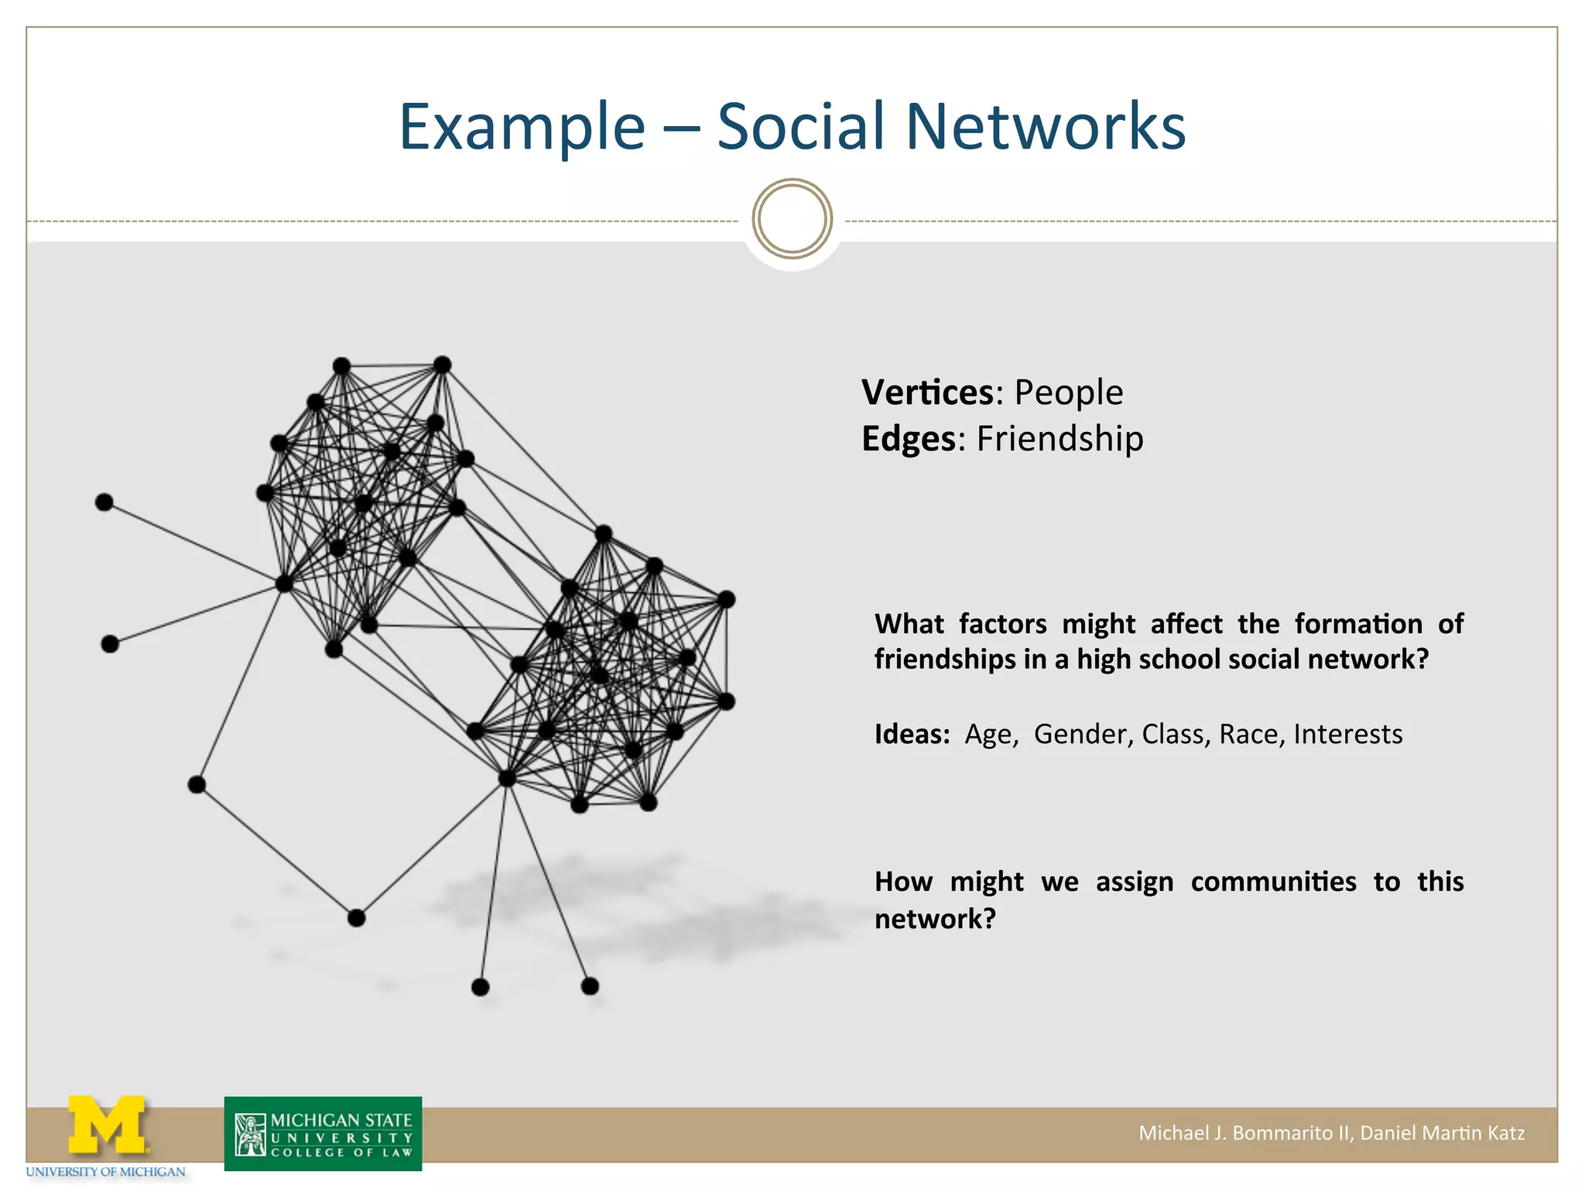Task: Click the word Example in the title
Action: click(522, 127)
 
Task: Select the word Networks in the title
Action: click(1045, 127)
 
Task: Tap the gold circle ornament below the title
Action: click(792, 219)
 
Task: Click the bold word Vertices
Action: click(927, 392)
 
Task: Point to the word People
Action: click(1068, 392)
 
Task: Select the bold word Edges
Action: click(909, 439)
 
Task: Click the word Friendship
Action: click(1060, 439)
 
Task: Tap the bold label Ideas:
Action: click(912, 734)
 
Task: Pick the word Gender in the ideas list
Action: click(1080, 734)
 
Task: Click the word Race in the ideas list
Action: click(1248, 734)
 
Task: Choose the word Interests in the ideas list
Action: click(1347, 734)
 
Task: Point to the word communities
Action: click(1273, 882)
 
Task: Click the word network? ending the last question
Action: click(935, 919)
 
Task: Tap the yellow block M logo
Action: click(107, 1124)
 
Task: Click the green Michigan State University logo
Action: click(323, 1134)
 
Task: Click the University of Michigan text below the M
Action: click(106, 1172)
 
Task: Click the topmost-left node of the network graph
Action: click(341, 365)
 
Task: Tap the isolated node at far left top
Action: click(104, 502)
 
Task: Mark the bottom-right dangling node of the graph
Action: click(590, 986)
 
